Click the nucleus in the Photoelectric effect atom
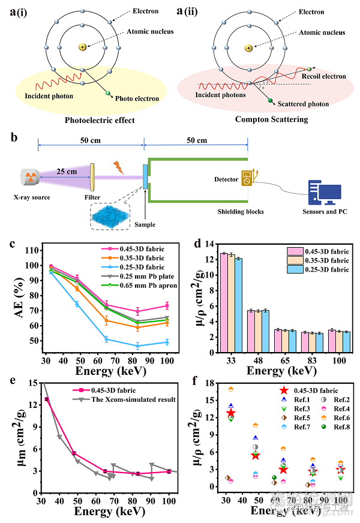[82, 47]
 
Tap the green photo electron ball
[109, 92]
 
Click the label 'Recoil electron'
[325, 76]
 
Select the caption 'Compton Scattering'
[271, 119]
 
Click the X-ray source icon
[32, 177]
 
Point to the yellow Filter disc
[93, 177]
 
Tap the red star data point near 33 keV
[231, 413]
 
